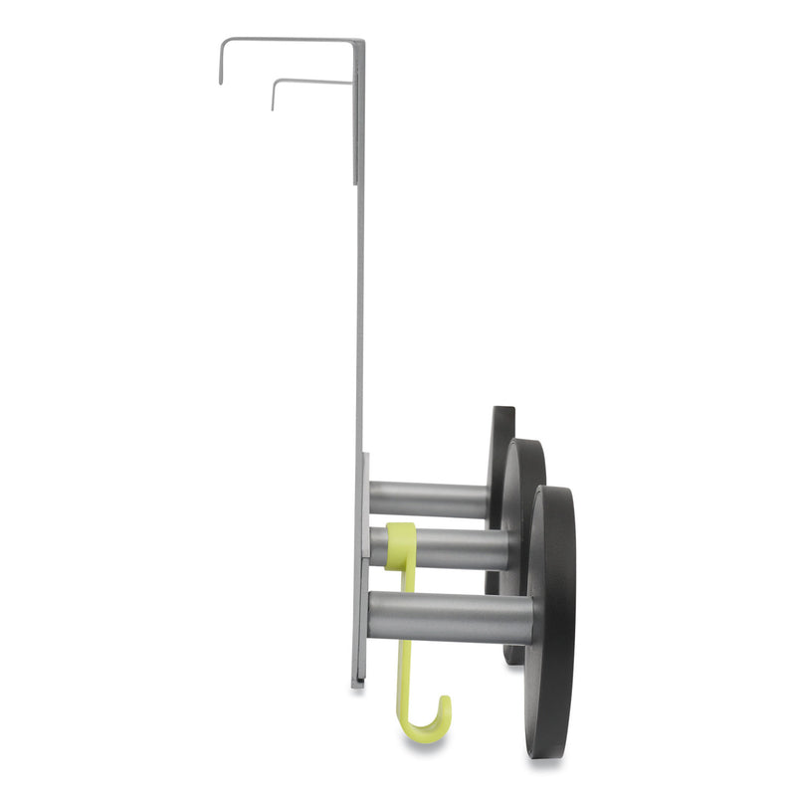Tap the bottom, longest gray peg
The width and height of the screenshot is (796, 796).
pyautogui.click(x=448, y=617)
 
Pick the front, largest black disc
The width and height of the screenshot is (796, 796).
pyautogui.click(x=552, y=617)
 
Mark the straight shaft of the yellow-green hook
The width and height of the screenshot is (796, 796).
pyautogui.click(x=406, y=647)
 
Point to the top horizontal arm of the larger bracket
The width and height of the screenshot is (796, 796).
pyautogui.click(x=289, y=41)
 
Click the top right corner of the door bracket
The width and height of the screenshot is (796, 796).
pyautogui.click(x=362, y=42)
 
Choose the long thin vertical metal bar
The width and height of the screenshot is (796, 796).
pyautogui.click(x=359, y=298)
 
